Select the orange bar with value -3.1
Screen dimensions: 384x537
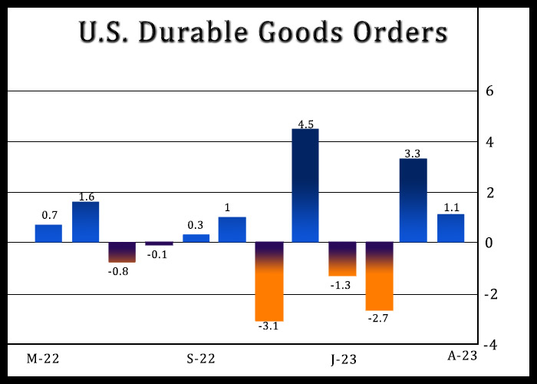(x=269, y=282)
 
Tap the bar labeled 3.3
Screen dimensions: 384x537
(x=413, y=200)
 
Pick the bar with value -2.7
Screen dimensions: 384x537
(x=379, y=276)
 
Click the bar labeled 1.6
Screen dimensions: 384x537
(x=85, y=222)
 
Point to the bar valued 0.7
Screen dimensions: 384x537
(x=48, y=233)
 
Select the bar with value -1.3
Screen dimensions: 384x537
(x=342, y=259)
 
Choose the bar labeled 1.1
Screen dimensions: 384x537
(x=450, y=228)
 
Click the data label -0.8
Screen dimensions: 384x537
(x=122, y=271)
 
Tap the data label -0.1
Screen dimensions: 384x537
(x=158, y=253)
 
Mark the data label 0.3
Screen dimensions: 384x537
(x=196, y=226)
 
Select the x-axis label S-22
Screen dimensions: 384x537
(x=201, y=359)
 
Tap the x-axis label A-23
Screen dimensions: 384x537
(x=463, y=354)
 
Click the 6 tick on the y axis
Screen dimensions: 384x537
(x=490, y=91)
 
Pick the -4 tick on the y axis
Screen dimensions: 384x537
(x=488, y=344)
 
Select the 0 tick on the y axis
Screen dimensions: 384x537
(x=490, y=243)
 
